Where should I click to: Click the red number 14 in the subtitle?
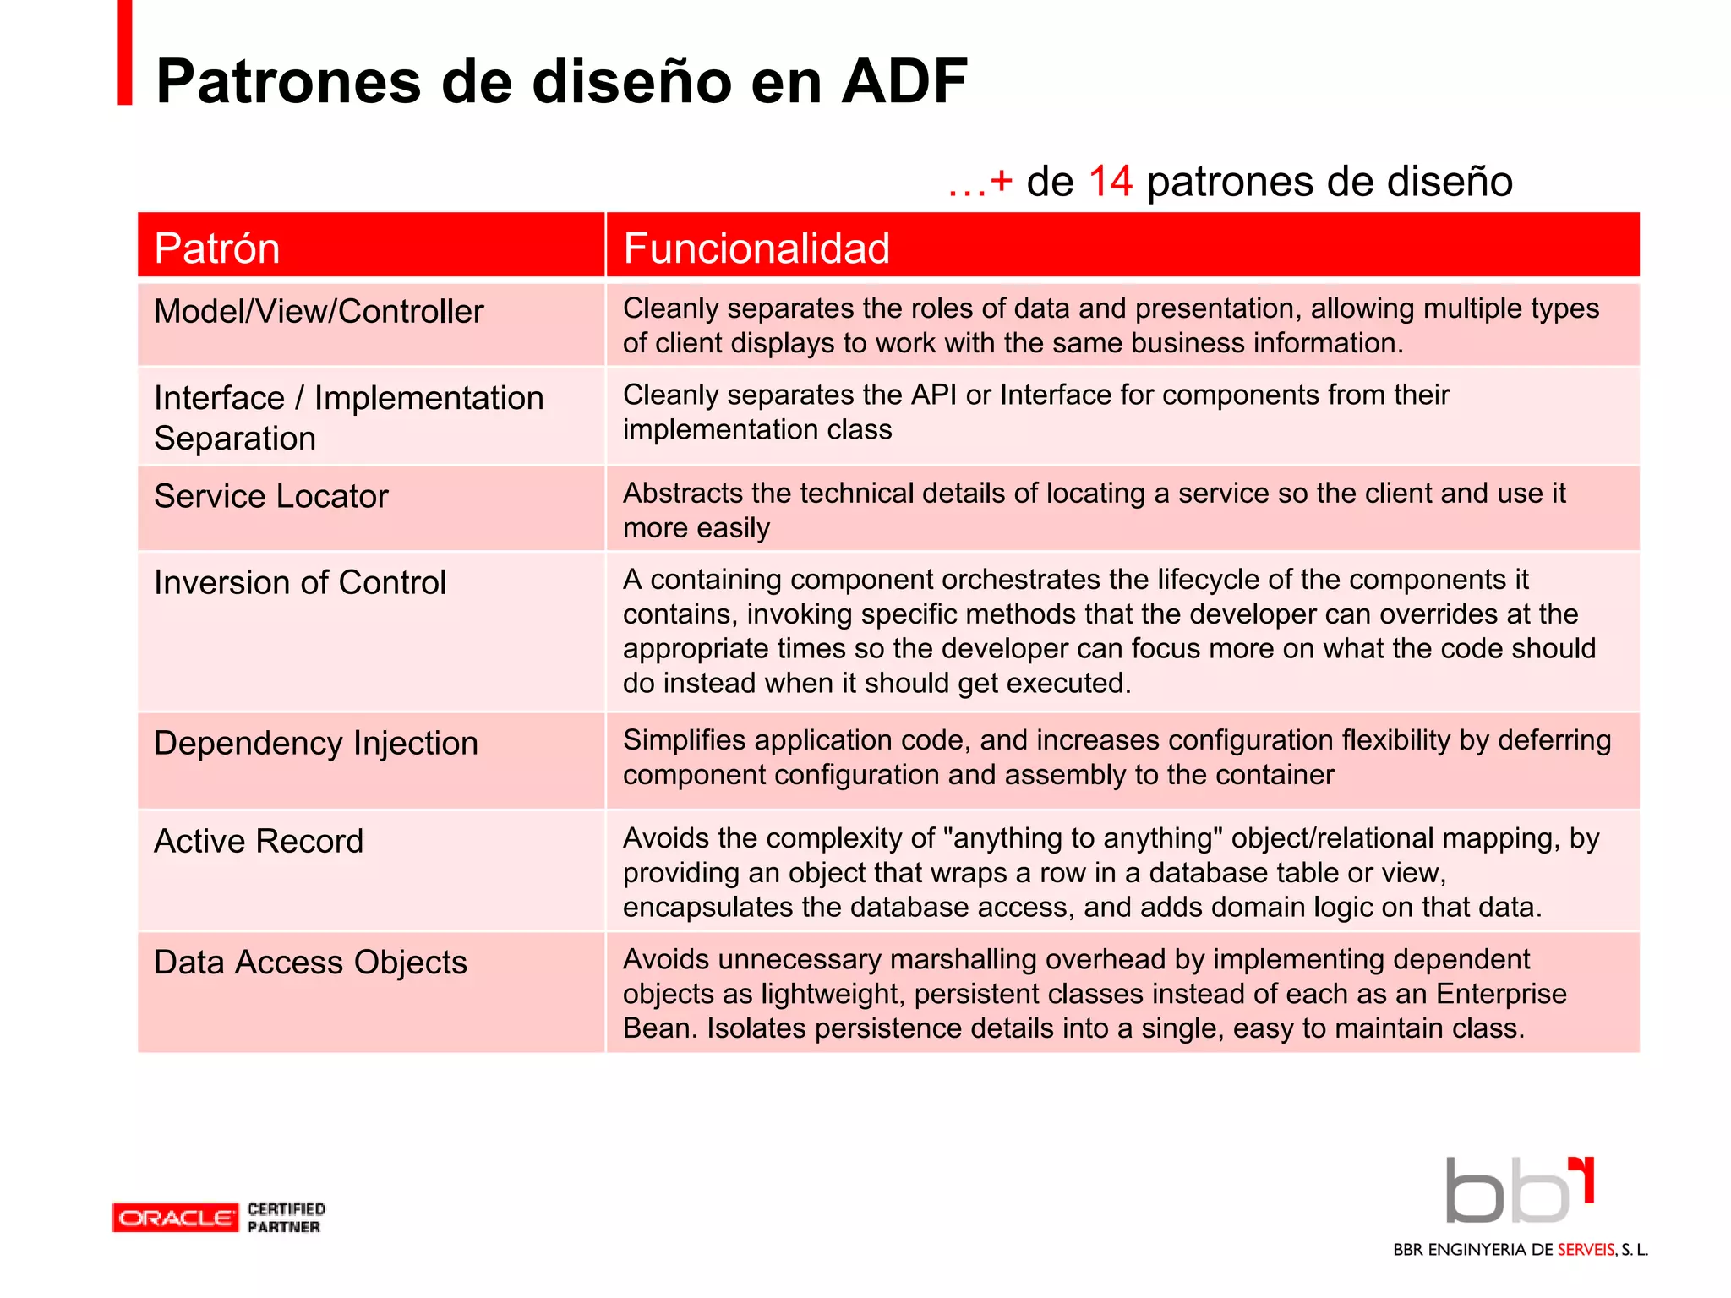[1110, 182]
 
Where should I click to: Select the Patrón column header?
[217, 248]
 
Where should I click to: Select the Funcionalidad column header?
[756, 248]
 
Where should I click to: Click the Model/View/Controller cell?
[319, 312]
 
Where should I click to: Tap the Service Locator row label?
[270, 496]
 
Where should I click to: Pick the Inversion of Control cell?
[299, 582]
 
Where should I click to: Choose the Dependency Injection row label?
[315, 743]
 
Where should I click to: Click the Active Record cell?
[258, 841]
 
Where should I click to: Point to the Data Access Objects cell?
[310, 963]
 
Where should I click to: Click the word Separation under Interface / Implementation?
[235, 439]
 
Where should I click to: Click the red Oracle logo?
[175, 1218]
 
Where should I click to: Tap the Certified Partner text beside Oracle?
[286, 1218]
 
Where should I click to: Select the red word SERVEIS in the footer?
[1586, 1250]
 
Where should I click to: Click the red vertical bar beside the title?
[125, 52]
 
